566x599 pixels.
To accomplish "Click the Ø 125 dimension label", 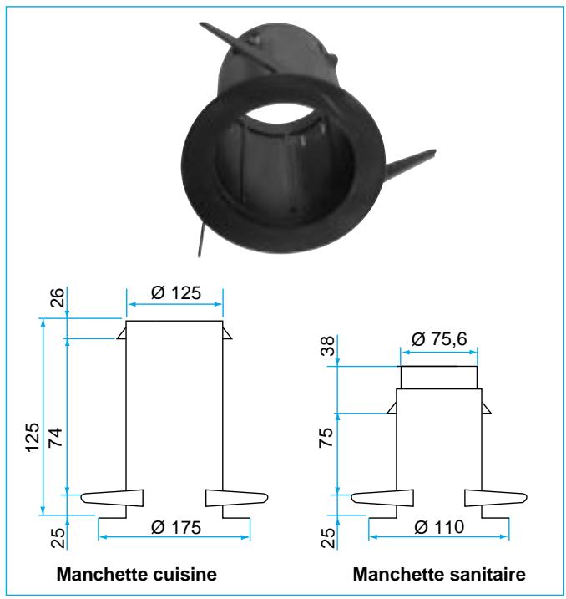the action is click(x=175, y=293).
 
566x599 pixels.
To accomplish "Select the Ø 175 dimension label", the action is click(x=175, y=527).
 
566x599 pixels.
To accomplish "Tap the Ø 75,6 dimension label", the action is click(x=439, y=339).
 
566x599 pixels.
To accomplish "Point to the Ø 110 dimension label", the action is click(x=439, y=527).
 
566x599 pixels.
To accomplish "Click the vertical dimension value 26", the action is click(x=58, y=297).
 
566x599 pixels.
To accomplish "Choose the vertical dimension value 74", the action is click(x=56, y=438).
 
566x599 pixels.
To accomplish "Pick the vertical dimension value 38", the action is click(x=327, y=346).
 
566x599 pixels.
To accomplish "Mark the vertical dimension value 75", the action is click(x=326, y=438).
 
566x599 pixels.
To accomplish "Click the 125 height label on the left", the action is click(x=33, y=438).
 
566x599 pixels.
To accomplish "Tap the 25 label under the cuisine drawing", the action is click(x=58, y=537).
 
